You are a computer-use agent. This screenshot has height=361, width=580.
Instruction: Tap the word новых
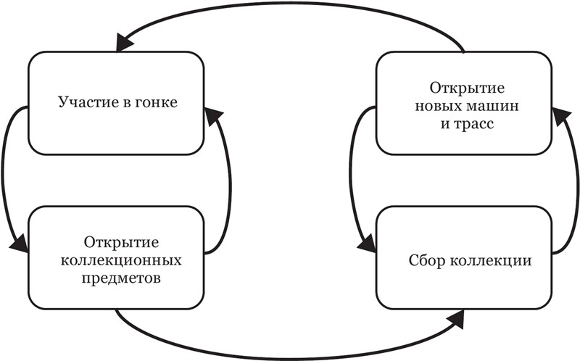(439, 106)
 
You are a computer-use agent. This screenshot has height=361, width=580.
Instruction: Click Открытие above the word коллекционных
(116, 241)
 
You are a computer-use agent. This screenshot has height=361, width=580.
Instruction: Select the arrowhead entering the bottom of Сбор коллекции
(458, 317)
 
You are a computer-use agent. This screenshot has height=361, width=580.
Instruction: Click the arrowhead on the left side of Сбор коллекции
(368, 243)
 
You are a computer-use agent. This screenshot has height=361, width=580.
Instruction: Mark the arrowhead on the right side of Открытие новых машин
(558, 115)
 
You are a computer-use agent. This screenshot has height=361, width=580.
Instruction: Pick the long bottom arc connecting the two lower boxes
(290, 354)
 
